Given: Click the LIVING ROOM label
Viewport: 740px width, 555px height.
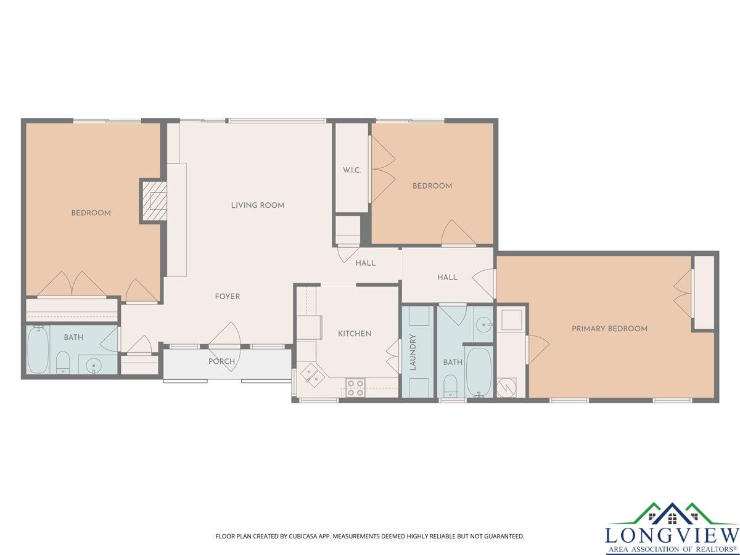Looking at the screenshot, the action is [258, 205].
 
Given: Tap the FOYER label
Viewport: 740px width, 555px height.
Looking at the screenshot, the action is [228, 297].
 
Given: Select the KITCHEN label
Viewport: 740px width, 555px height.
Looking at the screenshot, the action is [355, 334].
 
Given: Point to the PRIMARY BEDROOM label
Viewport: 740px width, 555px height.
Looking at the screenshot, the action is [609, 329].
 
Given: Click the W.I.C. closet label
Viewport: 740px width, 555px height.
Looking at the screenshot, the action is [351, 170].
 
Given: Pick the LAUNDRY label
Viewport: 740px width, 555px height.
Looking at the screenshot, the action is [413, 352].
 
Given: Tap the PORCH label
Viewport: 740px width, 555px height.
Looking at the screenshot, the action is [221, 361].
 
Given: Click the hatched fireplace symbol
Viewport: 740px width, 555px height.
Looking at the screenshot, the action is [154, 201].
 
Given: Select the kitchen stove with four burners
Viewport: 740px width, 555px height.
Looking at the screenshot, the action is [356, 388].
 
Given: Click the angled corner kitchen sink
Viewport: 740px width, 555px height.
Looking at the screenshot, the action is [312, 375].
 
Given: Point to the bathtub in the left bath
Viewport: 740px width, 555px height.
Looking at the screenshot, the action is [38, 350].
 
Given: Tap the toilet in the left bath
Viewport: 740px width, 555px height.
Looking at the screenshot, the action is [62, 363].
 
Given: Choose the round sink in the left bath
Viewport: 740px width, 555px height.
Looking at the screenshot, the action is [92, 364].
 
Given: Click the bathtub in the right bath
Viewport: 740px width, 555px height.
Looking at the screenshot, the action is [479, 372].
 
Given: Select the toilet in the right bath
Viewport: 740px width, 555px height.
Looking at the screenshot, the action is [450, 385].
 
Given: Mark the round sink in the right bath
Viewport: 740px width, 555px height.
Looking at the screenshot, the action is [485, 325].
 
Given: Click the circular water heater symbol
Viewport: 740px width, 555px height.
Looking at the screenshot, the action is [507, 387].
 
